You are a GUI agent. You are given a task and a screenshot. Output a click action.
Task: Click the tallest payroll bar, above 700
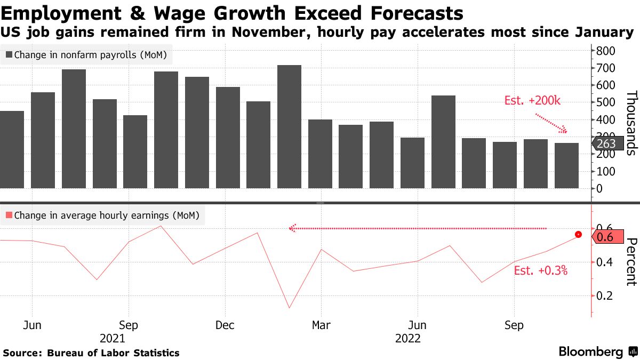[x=289, y=126]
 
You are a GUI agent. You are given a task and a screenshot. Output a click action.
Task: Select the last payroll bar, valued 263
[x=566, y=165]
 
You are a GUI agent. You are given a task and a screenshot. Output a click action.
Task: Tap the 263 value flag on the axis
[x=606, y=143]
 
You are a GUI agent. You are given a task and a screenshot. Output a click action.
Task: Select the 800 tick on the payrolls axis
[x=606, y=51]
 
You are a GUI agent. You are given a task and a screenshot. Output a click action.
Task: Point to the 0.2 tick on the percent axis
[x=605, y=295]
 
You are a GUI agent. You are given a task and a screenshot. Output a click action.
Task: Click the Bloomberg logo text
[x=590, y=352]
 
